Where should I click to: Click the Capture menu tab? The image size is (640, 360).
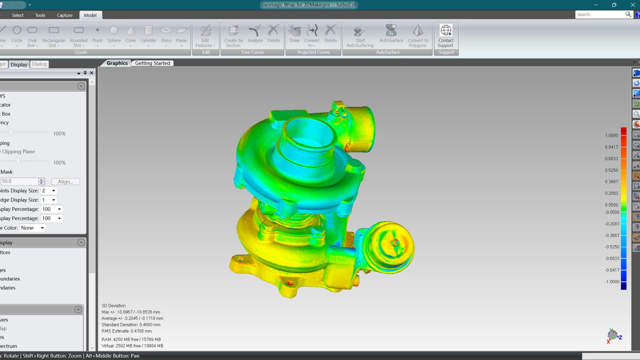click(64, 15)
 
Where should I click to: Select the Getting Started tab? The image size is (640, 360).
click(152, 63)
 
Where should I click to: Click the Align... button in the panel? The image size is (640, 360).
click(66, 182)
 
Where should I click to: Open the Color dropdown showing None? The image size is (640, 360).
click(32, 228)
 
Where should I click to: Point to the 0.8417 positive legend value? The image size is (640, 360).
click(611, 147)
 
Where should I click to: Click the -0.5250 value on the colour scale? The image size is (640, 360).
click(612, 247)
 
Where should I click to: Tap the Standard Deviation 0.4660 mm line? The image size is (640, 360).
click(131, 325)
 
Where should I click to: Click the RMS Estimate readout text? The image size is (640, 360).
click(126, 331)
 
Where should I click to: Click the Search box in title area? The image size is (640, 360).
click(600, 14)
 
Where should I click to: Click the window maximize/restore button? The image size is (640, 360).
click(614, 5)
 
